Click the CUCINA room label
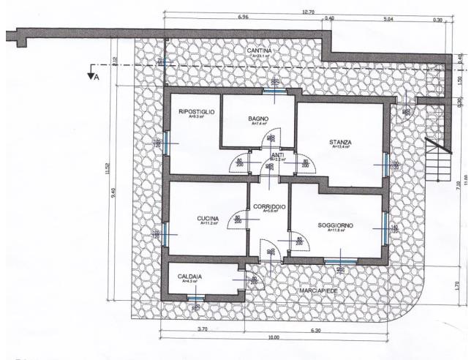(x=208, y=219)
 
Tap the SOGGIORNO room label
(x=336, y=225)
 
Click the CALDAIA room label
(x=190, y=277)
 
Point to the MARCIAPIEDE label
(x=319, y=290)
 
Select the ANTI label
(x=277, y=155)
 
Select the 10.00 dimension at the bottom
(x=274, y=337)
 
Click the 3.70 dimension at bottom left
(x=203, y=330)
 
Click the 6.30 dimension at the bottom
(x=315, y=330)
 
